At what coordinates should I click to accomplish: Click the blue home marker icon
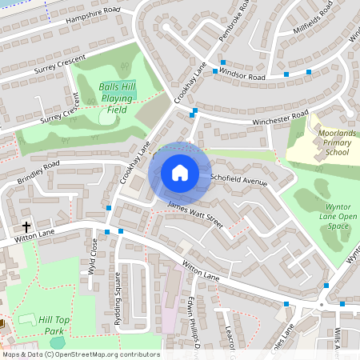pyautogui.click(x=180, y=173)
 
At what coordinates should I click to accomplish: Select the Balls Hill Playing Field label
pyautogui.click(x=117, y=97)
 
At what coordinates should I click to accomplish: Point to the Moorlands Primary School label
pyautogui.click(x=325, y=145)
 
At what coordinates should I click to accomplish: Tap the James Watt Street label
pyautogui.click(x=194, y=212)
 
